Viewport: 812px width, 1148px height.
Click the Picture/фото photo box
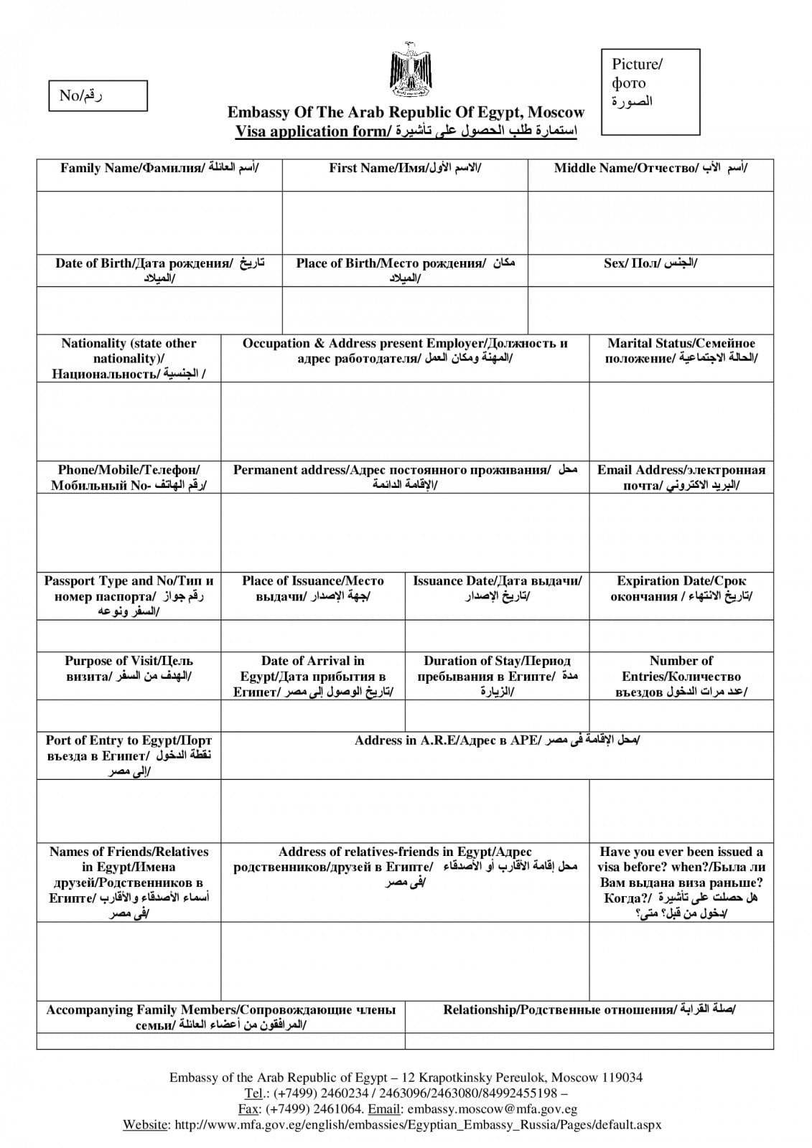pyautogui.click(x=650, y=92)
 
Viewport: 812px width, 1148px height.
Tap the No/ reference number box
pyautogui.click(x=98, y=95)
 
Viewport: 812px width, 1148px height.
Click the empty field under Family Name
pyautogui.click(x=159, y=222)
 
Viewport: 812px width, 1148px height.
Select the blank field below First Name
pyautogui.click(x=405, y=222)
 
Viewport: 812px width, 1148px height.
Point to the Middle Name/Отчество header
pyautogui.click(x=650, y=169)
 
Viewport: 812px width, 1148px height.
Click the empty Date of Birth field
pyautogui.click(x=159, y=310)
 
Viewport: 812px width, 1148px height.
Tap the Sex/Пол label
pyautogui.click(x=650, y=263)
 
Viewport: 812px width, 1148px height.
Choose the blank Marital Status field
pyautogui.click(x=681, y=421)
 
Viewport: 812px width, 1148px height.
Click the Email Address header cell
pyautogui.click(x=681, y=478)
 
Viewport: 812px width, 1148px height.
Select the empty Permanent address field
pyautogui.click(x=405, y=532)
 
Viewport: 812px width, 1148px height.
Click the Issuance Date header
pyautogui.click(x=497, y=588)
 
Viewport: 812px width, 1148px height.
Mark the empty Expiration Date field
pyautogui.click(x=681, y=635)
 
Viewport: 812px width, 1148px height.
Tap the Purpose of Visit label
pyautogui.click(x=129, y=668)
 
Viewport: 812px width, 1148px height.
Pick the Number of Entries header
pyautogui.click(x=681, y=676)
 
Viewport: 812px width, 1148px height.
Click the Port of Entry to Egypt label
pyautogui.click(x=129, y=756)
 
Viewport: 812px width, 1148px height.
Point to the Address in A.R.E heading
pyautogui.click(x=497, y=740)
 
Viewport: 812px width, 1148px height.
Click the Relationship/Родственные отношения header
pyautogui.click(x=589, y=1010)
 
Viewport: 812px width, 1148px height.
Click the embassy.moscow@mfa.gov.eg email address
pyautogui.click(x=492, y=1109)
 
